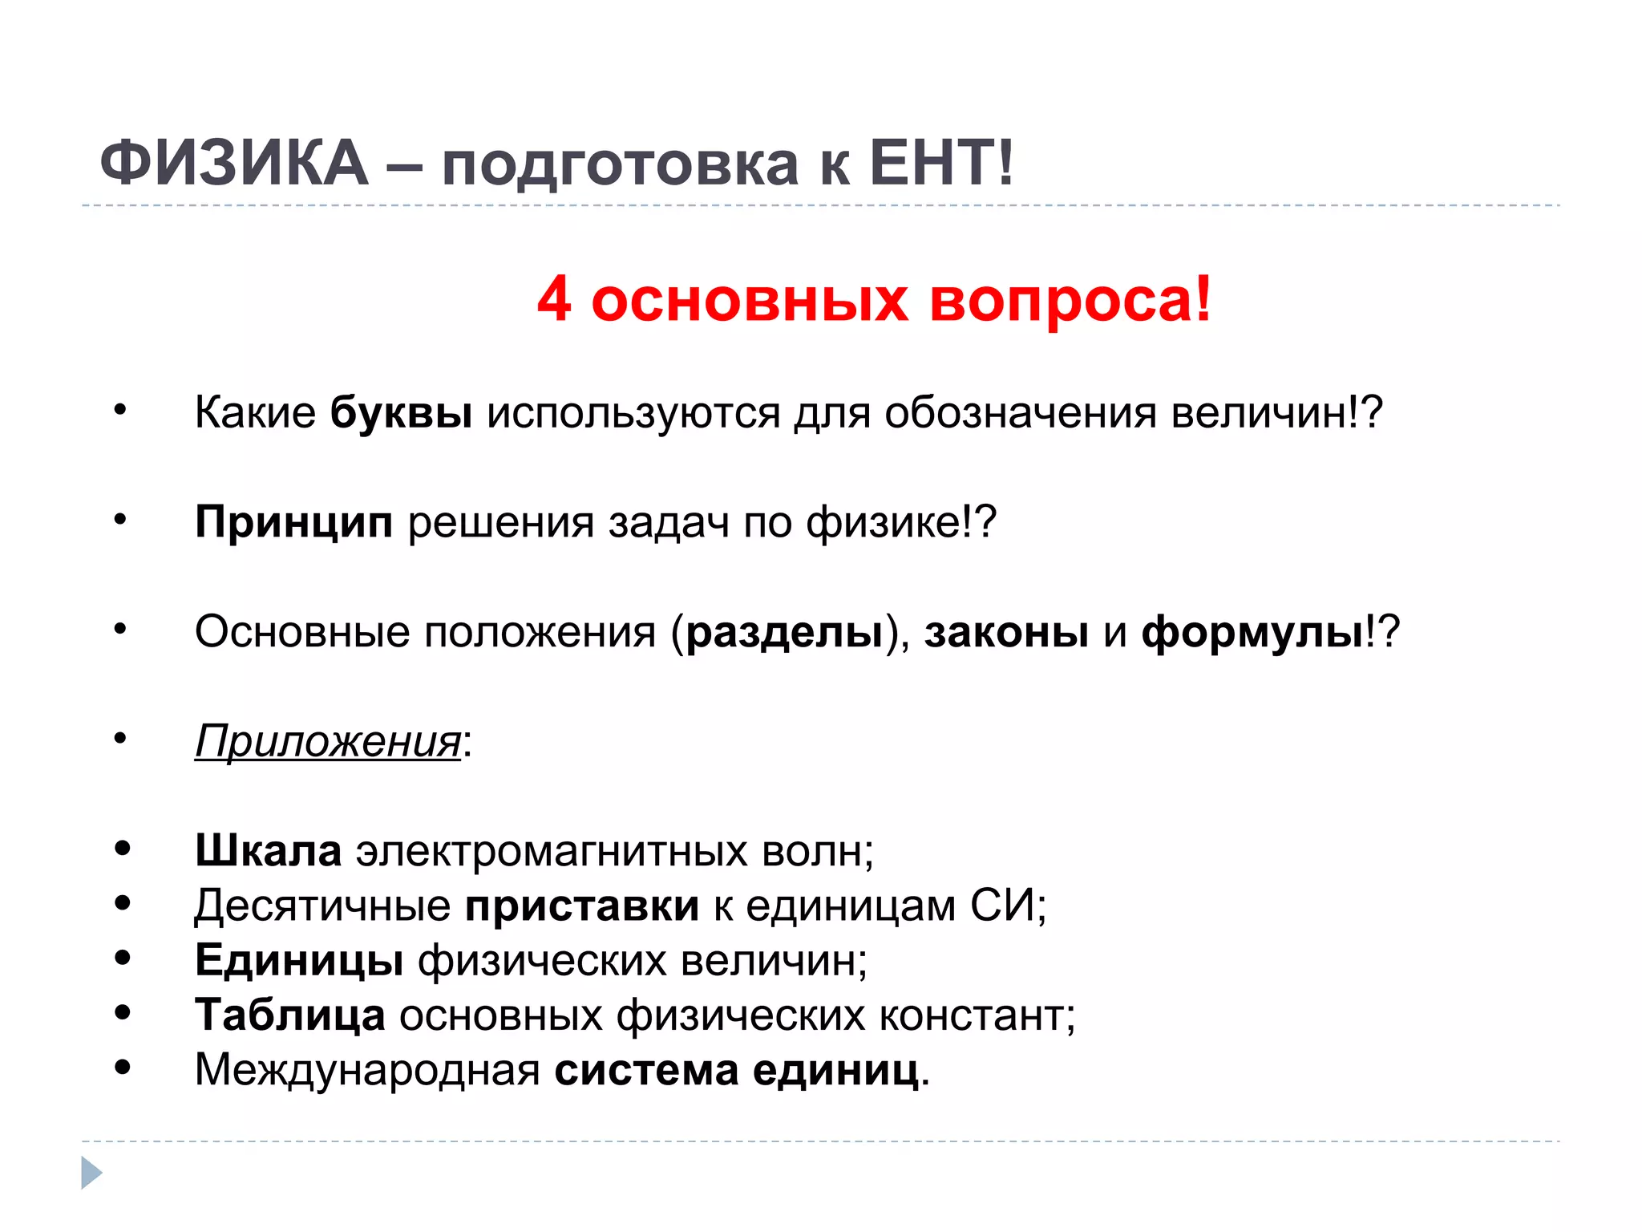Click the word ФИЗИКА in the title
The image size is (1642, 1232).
[x=233, y=163]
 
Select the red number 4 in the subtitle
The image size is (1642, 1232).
[x=554, y=300]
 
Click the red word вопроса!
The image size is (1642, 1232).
[x=1070, y=302]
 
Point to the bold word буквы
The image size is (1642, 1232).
[x=401, y=413]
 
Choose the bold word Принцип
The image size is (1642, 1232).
[x=293, y=522]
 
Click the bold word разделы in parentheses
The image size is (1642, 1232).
[x=784, y=632]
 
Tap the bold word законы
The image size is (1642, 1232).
[x=1006, y=632]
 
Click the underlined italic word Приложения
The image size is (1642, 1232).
[x=328, y=741]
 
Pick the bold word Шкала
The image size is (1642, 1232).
[x=268, y=850]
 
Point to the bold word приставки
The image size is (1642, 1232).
[x=582, y=906]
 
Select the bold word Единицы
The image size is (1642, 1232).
[x=299, y=960]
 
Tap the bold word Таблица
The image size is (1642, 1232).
[x=289, y=1015]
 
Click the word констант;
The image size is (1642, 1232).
[x=977, y=1015]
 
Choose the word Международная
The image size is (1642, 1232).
[x=367, y=1070]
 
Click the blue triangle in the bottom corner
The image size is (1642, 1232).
[x=91, y=1173]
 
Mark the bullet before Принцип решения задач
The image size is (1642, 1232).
[x=120, y=520]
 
